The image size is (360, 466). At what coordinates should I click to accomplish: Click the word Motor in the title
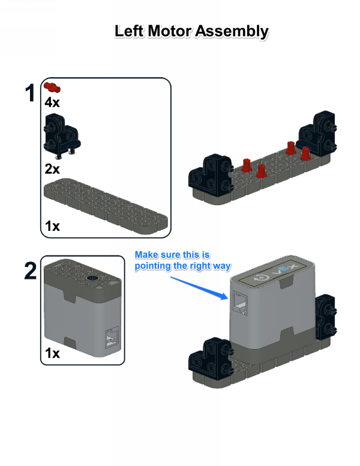click(169, 31)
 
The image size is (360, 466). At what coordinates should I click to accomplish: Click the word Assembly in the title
click(232, 32)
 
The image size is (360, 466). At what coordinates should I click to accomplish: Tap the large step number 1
click(30, 93)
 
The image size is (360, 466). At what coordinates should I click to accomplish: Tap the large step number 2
click(31, 270)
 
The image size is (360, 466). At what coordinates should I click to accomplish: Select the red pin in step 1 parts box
click(52, 88)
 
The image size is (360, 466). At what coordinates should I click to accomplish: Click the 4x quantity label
click(52, 103)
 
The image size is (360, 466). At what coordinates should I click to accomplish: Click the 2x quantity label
click(52, 169)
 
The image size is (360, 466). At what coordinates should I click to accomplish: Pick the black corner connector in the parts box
click(62, 136)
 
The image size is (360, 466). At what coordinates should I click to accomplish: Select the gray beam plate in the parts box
click(106, 206)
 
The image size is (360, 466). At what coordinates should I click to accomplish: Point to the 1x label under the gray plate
click(52, 226)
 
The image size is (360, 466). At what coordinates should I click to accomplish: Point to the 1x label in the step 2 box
click(52, 353)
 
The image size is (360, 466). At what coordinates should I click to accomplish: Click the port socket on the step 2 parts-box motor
click(112, 337)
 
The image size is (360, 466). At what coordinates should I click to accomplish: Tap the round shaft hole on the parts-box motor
click(92, 278)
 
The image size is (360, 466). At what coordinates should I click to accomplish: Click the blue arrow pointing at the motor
click(199, 288)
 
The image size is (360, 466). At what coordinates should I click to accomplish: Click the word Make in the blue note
click(146, 255)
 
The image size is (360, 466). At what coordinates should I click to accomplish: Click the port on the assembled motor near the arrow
click(239, 303)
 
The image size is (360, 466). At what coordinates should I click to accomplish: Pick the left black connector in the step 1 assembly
click(211, 176)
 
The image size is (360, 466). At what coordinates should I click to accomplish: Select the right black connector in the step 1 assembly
click(317, 134)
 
